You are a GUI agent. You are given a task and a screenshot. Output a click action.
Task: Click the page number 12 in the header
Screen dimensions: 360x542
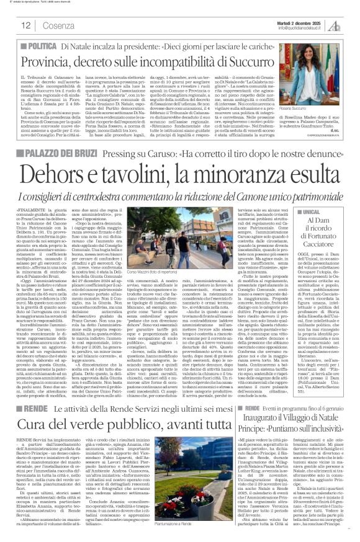26,25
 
